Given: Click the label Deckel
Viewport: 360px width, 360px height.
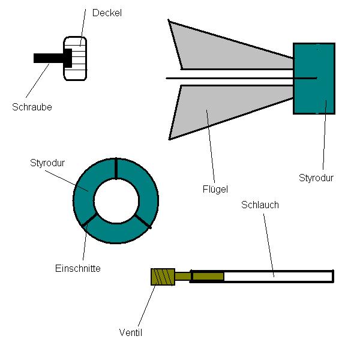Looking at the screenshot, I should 107,13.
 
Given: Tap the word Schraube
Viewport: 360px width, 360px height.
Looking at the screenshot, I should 32,107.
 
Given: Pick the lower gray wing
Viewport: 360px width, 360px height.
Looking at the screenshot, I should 216,108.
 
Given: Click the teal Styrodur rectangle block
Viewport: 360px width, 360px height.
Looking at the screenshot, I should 314,78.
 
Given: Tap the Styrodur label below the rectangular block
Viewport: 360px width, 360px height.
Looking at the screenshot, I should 316,178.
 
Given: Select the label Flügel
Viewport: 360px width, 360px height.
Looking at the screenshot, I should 215,190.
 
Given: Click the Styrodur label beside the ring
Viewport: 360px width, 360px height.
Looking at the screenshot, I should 47,163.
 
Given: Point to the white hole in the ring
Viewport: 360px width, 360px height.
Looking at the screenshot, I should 116,200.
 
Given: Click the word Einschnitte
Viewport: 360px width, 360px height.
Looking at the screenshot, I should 77,268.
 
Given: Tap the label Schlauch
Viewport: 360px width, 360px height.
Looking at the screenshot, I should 260,205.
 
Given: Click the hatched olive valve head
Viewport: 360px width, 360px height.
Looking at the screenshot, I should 163,277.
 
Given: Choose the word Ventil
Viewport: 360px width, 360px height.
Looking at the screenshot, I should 131,332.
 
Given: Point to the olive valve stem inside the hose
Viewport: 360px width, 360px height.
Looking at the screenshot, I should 208,276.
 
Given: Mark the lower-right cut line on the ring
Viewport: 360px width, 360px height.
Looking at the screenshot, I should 143,221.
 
